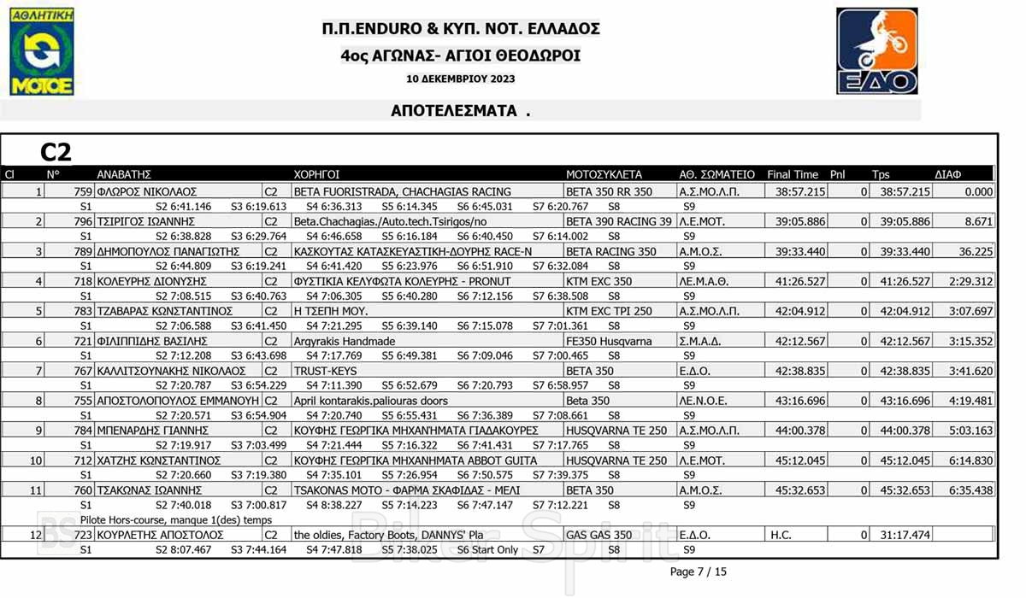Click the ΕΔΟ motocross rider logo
(x=876, y=51)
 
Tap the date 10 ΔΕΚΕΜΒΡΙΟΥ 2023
(x=461, y=79)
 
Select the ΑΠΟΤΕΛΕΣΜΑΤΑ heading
(x=460, y=111)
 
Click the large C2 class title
(x=56, y=152)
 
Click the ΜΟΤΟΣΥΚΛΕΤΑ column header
(x=604, y=174)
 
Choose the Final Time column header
(x=793, y=174)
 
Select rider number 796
(x=83, y=222)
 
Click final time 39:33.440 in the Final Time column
(x=800, y=252)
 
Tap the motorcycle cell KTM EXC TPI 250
(x=609, y=311)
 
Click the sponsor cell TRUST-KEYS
(x=317, y=371)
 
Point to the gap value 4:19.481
(x=970, y=401)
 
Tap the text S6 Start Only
(x=487, y=550)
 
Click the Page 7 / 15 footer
(x=698, y=572)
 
